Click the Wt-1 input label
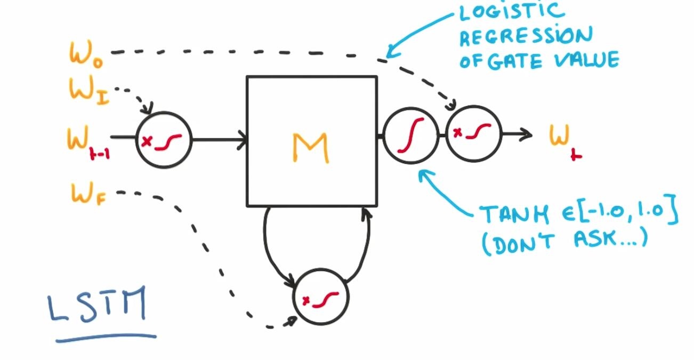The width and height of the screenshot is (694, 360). [88, 141]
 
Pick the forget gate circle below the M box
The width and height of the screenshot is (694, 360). [321, 298]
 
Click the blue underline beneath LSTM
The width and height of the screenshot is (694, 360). [106, 337]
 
